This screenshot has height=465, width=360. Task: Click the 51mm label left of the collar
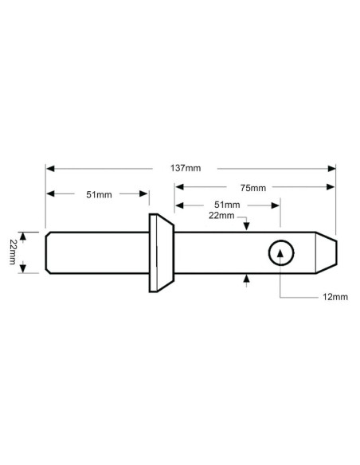tap(99, 195)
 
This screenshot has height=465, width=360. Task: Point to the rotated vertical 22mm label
tap(13, 252)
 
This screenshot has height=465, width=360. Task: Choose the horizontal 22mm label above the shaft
tap(221, 216)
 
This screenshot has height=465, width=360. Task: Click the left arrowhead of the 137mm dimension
tap(49, 169)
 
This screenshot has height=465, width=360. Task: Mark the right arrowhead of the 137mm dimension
tap(332, 169)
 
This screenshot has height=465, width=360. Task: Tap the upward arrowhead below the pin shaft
tap(248, 278)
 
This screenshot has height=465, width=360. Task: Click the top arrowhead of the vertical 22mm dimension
tap(25, 235)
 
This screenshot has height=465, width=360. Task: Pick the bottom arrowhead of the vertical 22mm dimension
tap(25, 269)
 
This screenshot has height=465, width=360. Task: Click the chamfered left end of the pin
tap(49, 252)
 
